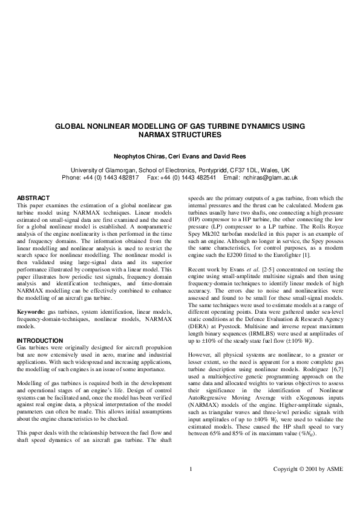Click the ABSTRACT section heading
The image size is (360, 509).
pyautogui.click(x=33, y=198)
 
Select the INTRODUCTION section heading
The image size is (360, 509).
pyautogui.click(x=40, y=341)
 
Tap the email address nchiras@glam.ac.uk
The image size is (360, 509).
pyautogui.click(x=270, y=178)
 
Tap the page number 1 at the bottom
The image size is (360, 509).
pyautogui.click(x=191, y=486)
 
